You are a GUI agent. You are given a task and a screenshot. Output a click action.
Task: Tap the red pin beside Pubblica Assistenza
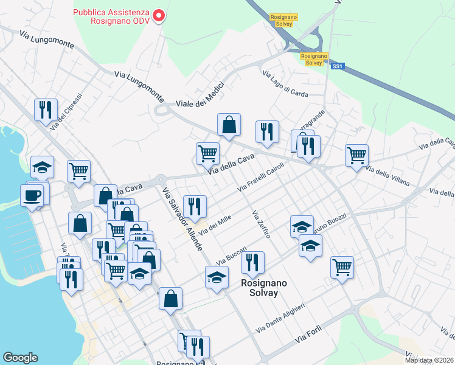coord(159,15)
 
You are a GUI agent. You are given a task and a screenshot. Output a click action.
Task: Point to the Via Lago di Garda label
coord(285,83)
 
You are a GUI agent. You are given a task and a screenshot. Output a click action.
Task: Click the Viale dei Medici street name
coord(200,96)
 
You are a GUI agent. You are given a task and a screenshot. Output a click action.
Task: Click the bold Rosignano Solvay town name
coord(259,288)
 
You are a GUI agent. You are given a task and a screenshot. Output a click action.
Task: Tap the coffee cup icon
coord(32,195)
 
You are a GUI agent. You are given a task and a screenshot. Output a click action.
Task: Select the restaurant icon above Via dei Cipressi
coord(46,109)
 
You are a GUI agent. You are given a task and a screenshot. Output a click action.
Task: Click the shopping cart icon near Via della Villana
coord(356,155)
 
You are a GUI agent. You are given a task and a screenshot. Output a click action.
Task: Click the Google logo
coord(21,358)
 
